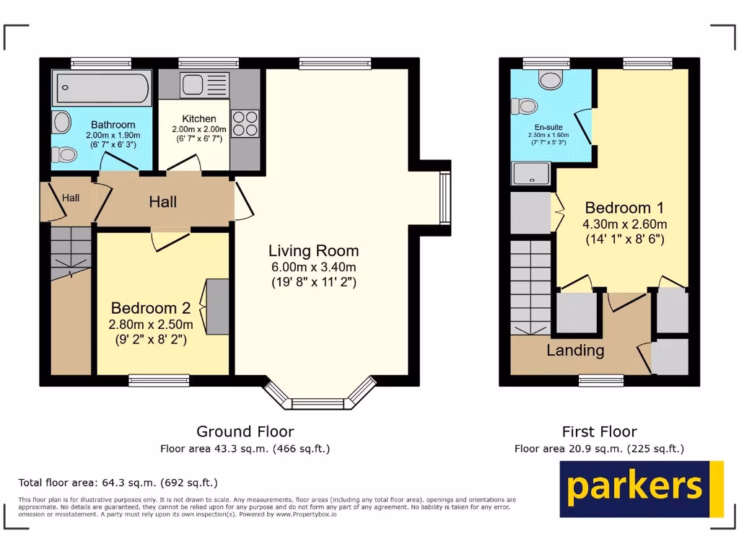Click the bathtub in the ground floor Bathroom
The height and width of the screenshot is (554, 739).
point(101,88)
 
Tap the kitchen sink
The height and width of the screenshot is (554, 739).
point(195,85)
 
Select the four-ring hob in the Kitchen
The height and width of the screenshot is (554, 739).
point(245,122)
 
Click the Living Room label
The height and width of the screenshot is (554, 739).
point(313,251)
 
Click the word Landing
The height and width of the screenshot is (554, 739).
point(574,351)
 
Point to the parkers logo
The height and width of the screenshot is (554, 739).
point(642,488)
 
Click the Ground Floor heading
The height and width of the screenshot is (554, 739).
point(245,431)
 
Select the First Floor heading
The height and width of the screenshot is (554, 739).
point(599,431)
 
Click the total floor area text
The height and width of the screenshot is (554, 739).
point(118,483)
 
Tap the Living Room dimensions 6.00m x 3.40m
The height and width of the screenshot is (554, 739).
point(313,267)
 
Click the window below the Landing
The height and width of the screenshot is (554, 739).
point(601,380)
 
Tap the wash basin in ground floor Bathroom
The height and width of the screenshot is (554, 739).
point(59,120)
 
